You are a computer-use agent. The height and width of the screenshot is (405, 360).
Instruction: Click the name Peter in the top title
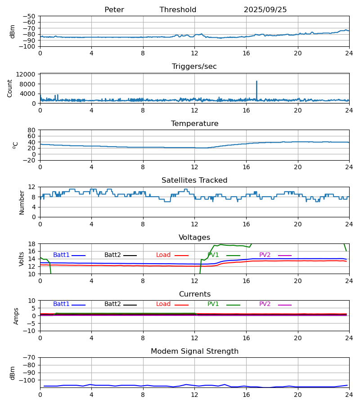pyautogui.click(x=114, y=10)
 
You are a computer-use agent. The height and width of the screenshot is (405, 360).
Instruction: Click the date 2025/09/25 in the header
pyautogui.click(x=265, y=10)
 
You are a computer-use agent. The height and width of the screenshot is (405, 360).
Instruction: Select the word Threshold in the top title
pyautogui.click(x=178, y=10)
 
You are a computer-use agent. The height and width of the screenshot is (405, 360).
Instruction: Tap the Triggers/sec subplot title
pyautogui.click(x=194, y=67)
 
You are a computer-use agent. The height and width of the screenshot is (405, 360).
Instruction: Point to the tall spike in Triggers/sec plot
pyautogui.click(x=256, y=82)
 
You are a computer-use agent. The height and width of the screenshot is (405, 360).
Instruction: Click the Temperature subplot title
pyautogui.click(x=194, y=124)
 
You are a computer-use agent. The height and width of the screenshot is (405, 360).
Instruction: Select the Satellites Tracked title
pyautogui.click(x=194, y=180)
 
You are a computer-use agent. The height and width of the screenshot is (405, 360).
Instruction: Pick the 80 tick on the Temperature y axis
pyautogui.click(x=31, y=130)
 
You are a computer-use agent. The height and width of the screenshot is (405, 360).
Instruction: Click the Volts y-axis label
pyautogui.click(x=22, y=259)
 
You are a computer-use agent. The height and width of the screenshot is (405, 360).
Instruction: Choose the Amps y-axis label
pyautogui.click(x=16, y=316)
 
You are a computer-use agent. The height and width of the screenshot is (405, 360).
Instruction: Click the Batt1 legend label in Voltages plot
pyautogui.click(x=61, y=255)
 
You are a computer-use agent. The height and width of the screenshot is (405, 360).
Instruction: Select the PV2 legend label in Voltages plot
pyautogui.click(x=265, y=255)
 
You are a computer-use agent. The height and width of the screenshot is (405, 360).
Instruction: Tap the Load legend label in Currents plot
pyautogui.click(x=163, y=304)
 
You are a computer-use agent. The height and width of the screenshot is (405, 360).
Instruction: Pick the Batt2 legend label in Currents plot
pyautogui.click(x=112, y=304)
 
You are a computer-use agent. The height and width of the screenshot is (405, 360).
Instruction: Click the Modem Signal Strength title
pyautogui.click(x=194, y=351)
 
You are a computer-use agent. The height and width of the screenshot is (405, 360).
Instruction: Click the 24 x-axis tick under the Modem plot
pyautogui.click(x=349, y=395)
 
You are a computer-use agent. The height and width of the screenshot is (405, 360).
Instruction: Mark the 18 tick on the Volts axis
pyautogui.click(x=31, y=244)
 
